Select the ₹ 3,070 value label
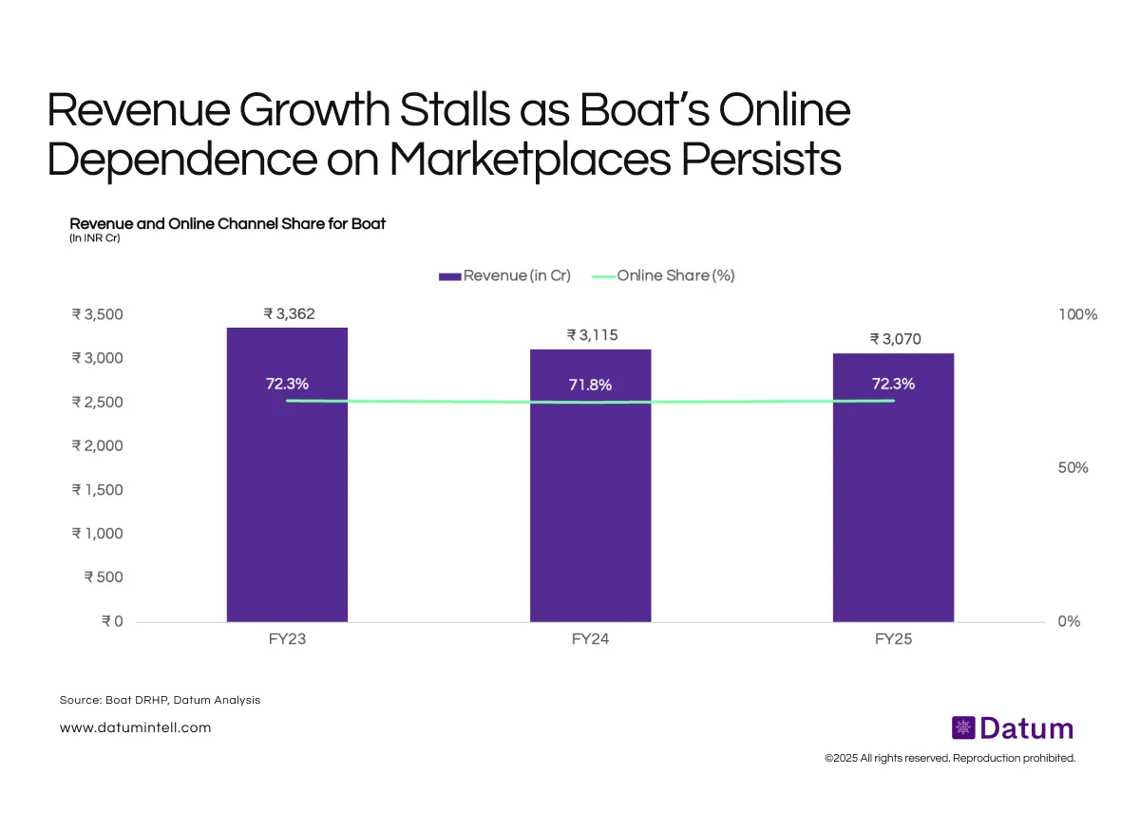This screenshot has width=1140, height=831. tap(894, 339)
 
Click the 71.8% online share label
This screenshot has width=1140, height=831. tap(590, 386)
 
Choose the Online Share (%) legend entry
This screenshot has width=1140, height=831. tap(664, 275)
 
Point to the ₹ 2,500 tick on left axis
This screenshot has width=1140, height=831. tap(97, 402)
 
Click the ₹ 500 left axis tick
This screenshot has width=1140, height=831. tap(104, 577)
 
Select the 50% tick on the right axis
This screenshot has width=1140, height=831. tap(1073, 468)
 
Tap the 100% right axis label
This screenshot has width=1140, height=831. tap(1077, 314)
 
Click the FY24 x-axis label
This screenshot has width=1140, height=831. tap(590, 640)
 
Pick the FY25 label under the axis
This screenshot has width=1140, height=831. tap(893, 640)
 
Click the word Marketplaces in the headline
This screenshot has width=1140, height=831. tap(529, 159)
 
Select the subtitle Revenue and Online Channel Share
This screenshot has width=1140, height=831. tap(227, 224)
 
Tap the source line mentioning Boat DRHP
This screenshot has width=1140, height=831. tap(160, 700)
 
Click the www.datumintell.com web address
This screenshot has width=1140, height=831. tap(135, 727)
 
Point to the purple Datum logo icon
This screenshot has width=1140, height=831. tap(963, 728)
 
